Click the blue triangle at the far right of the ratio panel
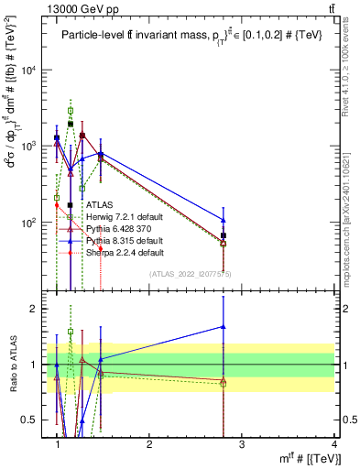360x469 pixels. tap(224, 327)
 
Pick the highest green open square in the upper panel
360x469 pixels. tap(70, 110)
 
